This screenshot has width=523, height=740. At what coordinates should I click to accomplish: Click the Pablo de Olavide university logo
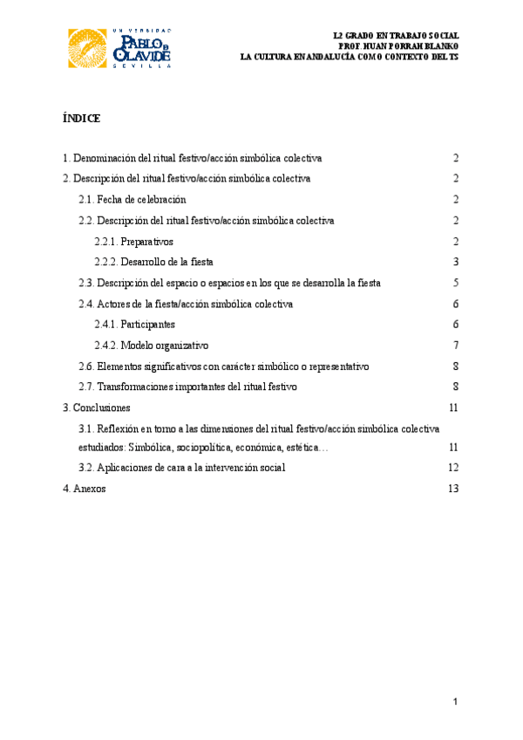119,47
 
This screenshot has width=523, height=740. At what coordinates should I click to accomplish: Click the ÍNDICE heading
82,118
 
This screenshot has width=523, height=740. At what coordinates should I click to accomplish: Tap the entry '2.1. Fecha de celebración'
132,200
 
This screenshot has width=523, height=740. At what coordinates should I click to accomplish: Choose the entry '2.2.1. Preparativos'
134,241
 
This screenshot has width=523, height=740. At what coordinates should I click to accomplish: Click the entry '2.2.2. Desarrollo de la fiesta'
153,262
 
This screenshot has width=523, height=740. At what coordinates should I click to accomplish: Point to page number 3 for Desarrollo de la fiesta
456,262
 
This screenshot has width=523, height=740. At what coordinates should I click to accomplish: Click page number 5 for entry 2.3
456,283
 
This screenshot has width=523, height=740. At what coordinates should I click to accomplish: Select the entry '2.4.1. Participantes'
134,325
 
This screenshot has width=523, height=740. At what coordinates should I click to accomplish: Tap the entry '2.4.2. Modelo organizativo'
151,346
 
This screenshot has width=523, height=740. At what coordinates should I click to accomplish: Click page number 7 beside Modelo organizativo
456,346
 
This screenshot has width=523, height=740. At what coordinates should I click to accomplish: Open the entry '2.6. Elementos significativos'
224,367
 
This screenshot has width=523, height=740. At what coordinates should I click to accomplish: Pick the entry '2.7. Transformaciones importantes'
187,387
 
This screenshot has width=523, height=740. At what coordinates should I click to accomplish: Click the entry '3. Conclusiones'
96,408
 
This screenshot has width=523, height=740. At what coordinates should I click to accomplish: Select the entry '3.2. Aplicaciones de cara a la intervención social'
181,468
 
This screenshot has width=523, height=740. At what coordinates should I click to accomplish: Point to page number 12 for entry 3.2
453,468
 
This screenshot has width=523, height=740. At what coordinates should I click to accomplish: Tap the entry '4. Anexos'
84,489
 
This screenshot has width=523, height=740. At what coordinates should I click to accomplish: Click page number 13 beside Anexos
453,489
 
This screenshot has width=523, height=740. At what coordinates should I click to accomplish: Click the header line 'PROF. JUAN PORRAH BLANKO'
397,45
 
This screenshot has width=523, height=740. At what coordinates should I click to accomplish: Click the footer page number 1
455,702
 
